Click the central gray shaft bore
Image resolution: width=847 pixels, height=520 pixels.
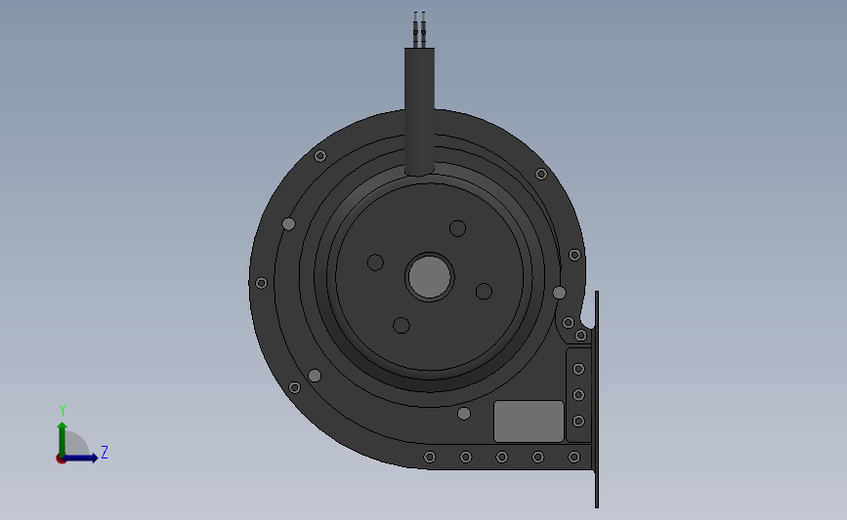click(429, 277)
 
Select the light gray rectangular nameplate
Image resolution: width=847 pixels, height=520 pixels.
click(529, 420)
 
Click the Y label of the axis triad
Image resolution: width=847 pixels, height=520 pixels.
click(63, 411)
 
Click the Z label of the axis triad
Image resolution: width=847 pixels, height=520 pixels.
click(104, 452)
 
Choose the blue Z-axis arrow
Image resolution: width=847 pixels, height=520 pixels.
click(83, 458)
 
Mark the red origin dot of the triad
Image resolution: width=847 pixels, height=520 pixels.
click(61, 459)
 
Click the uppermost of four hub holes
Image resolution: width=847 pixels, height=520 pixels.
click(457, 228)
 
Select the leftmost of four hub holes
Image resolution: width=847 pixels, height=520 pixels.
click(375, 262)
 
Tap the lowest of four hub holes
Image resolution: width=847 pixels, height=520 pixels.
click(401, 325)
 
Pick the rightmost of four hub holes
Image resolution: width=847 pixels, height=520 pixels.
click(484, 291)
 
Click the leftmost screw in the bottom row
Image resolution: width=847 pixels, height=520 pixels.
click(430, 457)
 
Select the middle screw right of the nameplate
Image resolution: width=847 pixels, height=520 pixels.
click(578, 394)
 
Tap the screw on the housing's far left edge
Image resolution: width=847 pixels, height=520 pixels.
click(261, 283)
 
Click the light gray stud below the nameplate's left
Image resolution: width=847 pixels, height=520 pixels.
click(464, 414)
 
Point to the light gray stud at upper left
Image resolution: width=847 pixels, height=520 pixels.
click(288, 223)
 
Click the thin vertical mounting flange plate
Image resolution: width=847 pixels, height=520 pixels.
click(596, 400)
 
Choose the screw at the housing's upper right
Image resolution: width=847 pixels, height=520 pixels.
click(541, 174)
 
